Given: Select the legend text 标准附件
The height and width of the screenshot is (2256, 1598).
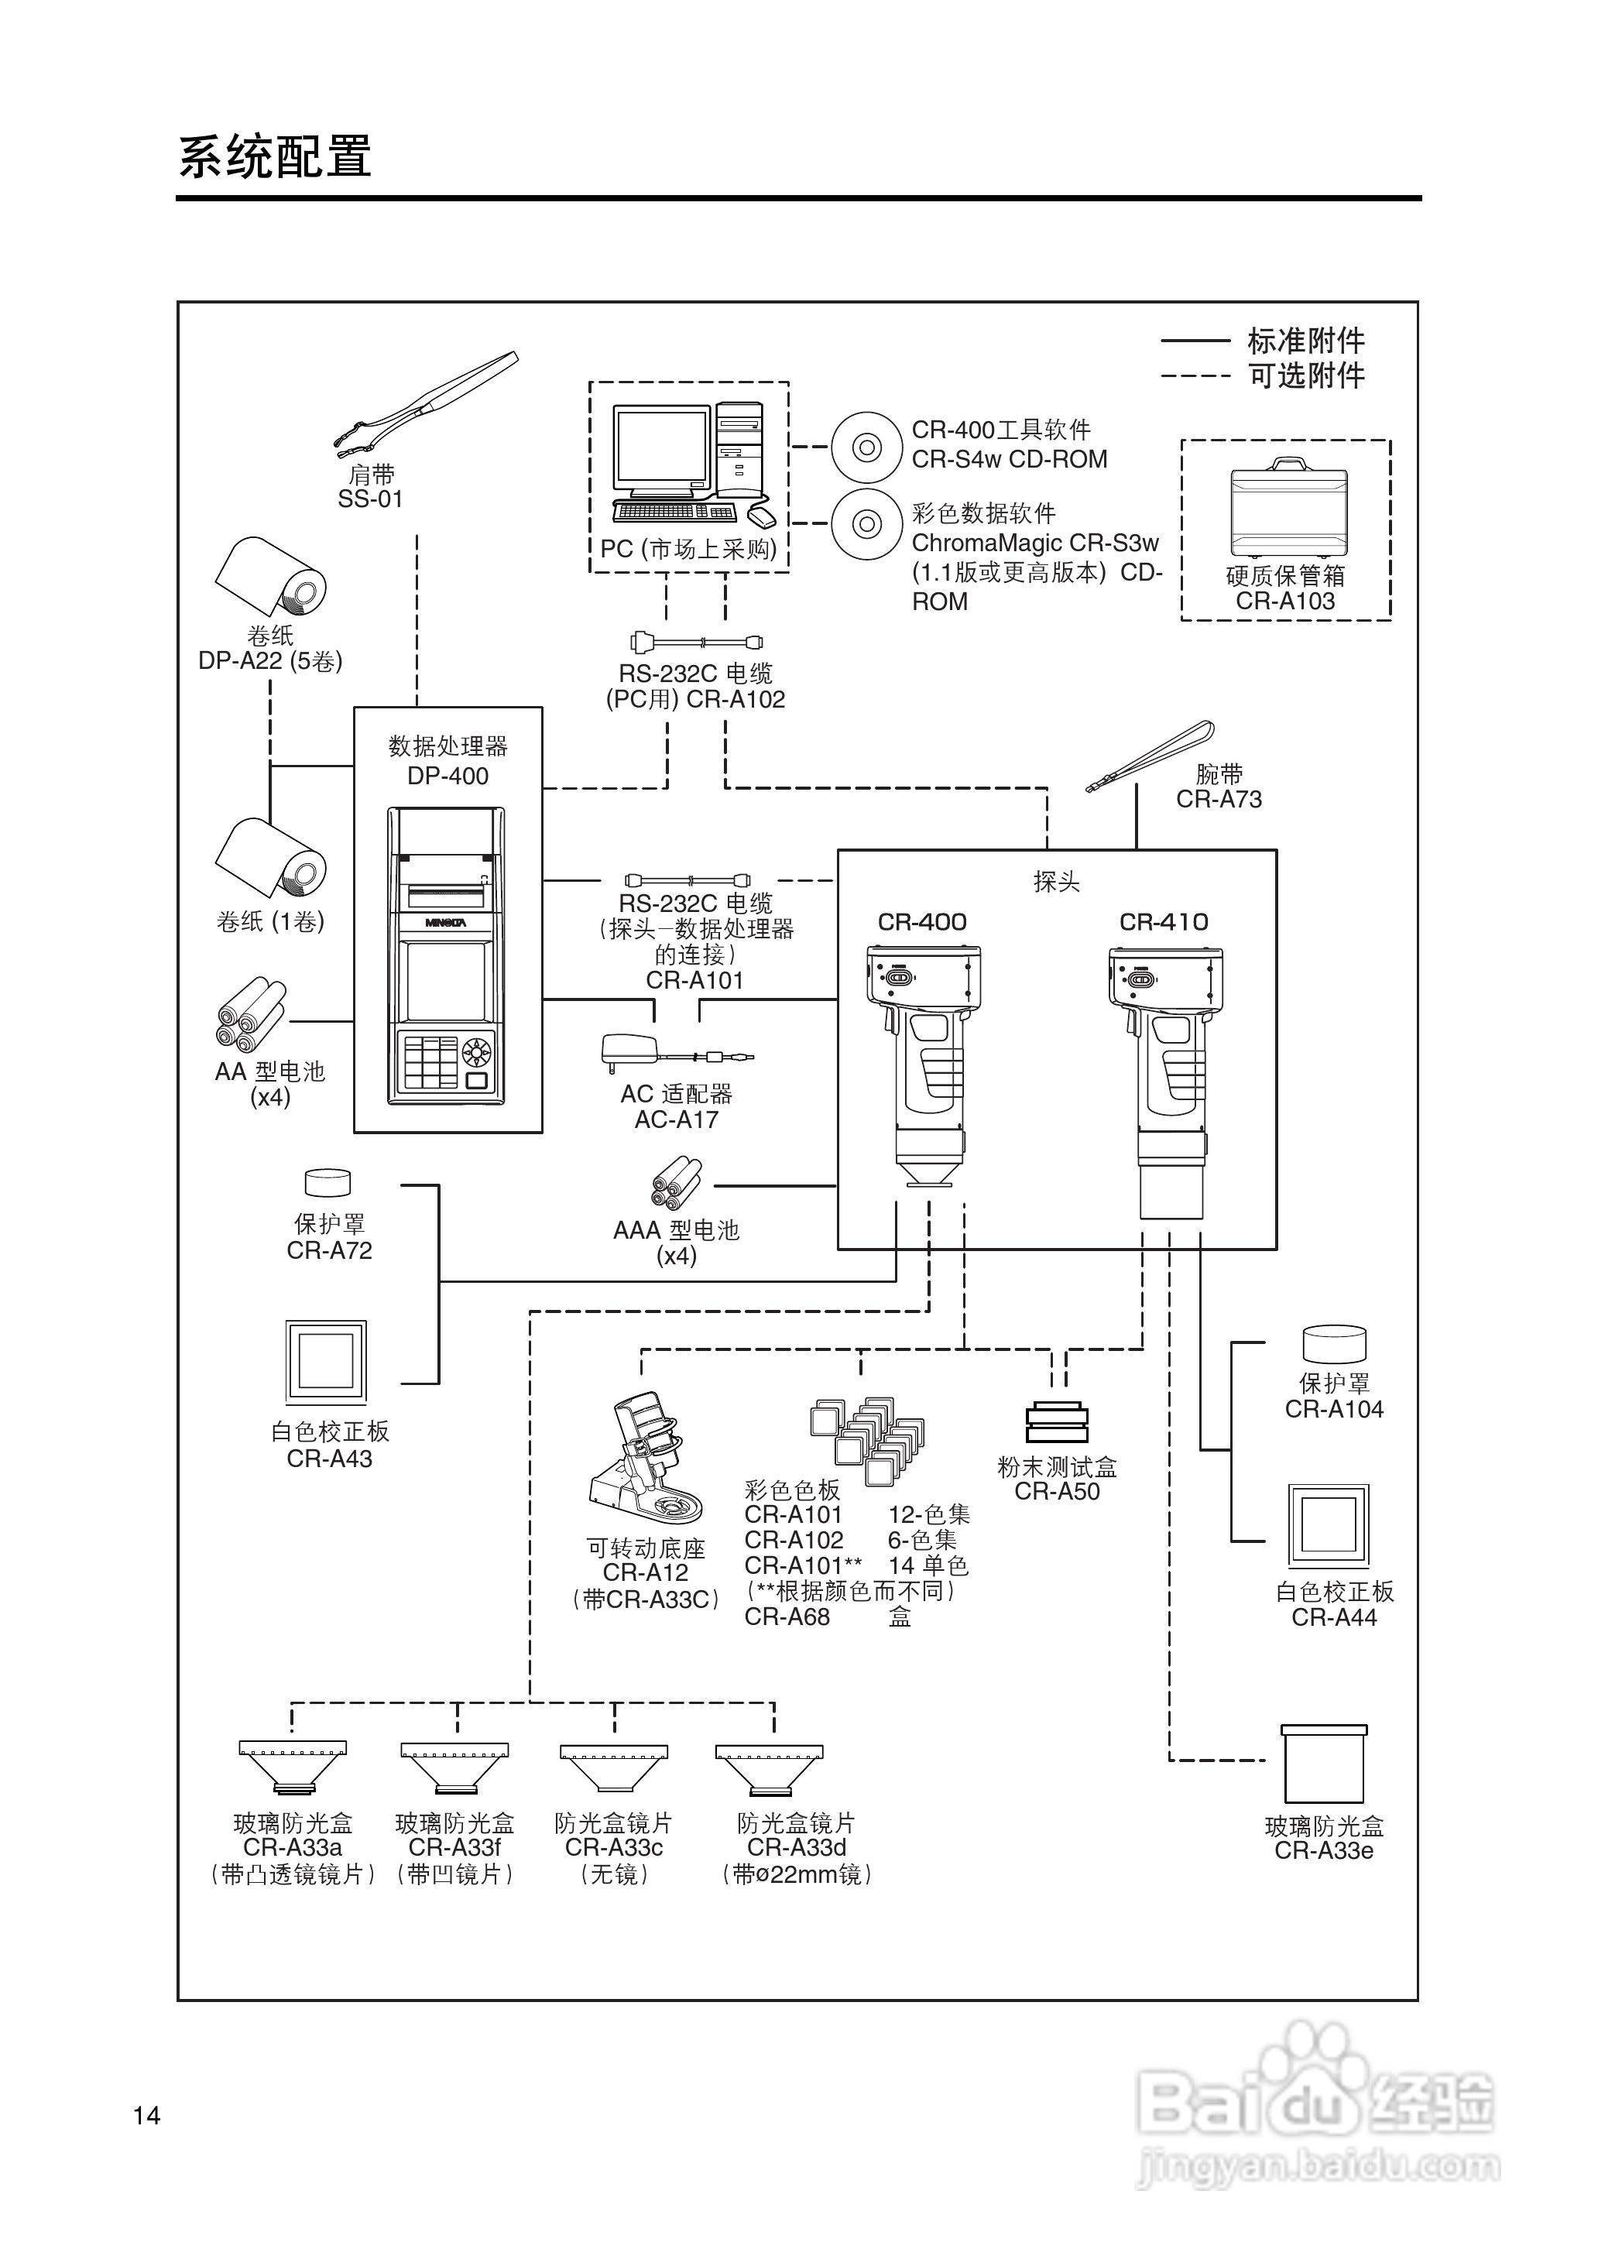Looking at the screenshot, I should (x=1306, y=341).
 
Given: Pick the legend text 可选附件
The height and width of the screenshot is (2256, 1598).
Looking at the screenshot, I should (x=1306, y=375).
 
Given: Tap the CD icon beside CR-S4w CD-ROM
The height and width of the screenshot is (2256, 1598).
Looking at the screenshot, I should (x=866, y=447).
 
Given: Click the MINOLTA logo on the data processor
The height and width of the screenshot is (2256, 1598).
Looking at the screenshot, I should (x=446, y=923).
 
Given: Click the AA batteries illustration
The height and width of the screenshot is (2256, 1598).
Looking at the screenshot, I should (x=250, y=1014).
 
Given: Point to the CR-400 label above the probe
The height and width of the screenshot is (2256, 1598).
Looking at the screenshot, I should (x=922, y=922).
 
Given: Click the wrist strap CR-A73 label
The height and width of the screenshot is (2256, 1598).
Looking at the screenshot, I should (x=1218, y=800).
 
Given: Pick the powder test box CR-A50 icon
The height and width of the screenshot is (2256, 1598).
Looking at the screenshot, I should (x=1056, y=1421).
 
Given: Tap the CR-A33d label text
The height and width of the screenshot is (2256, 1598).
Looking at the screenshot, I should (x=796, y=1848).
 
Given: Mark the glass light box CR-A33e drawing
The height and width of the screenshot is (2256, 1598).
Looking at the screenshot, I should (x=1323, y=1763).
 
